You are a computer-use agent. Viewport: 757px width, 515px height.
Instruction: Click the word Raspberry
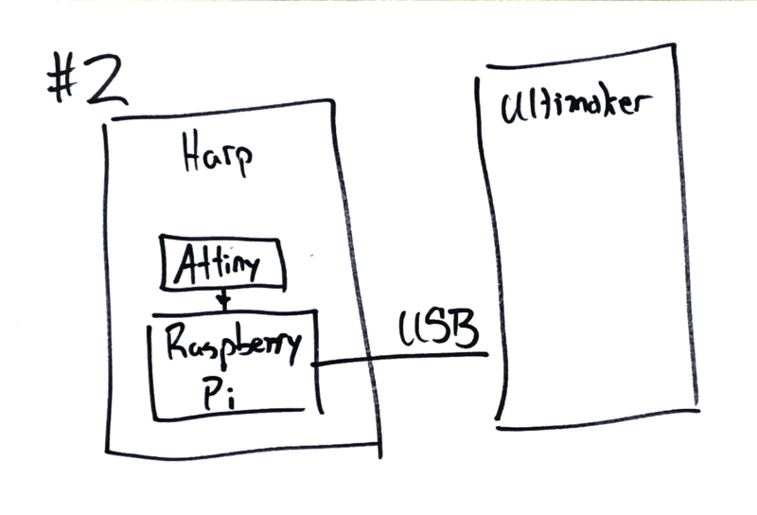coord(233,346)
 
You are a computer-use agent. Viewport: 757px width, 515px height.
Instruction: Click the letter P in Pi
coord(210,393)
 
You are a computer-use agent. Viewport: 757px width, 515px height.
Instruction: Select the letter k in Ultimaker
coord(612,102)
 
